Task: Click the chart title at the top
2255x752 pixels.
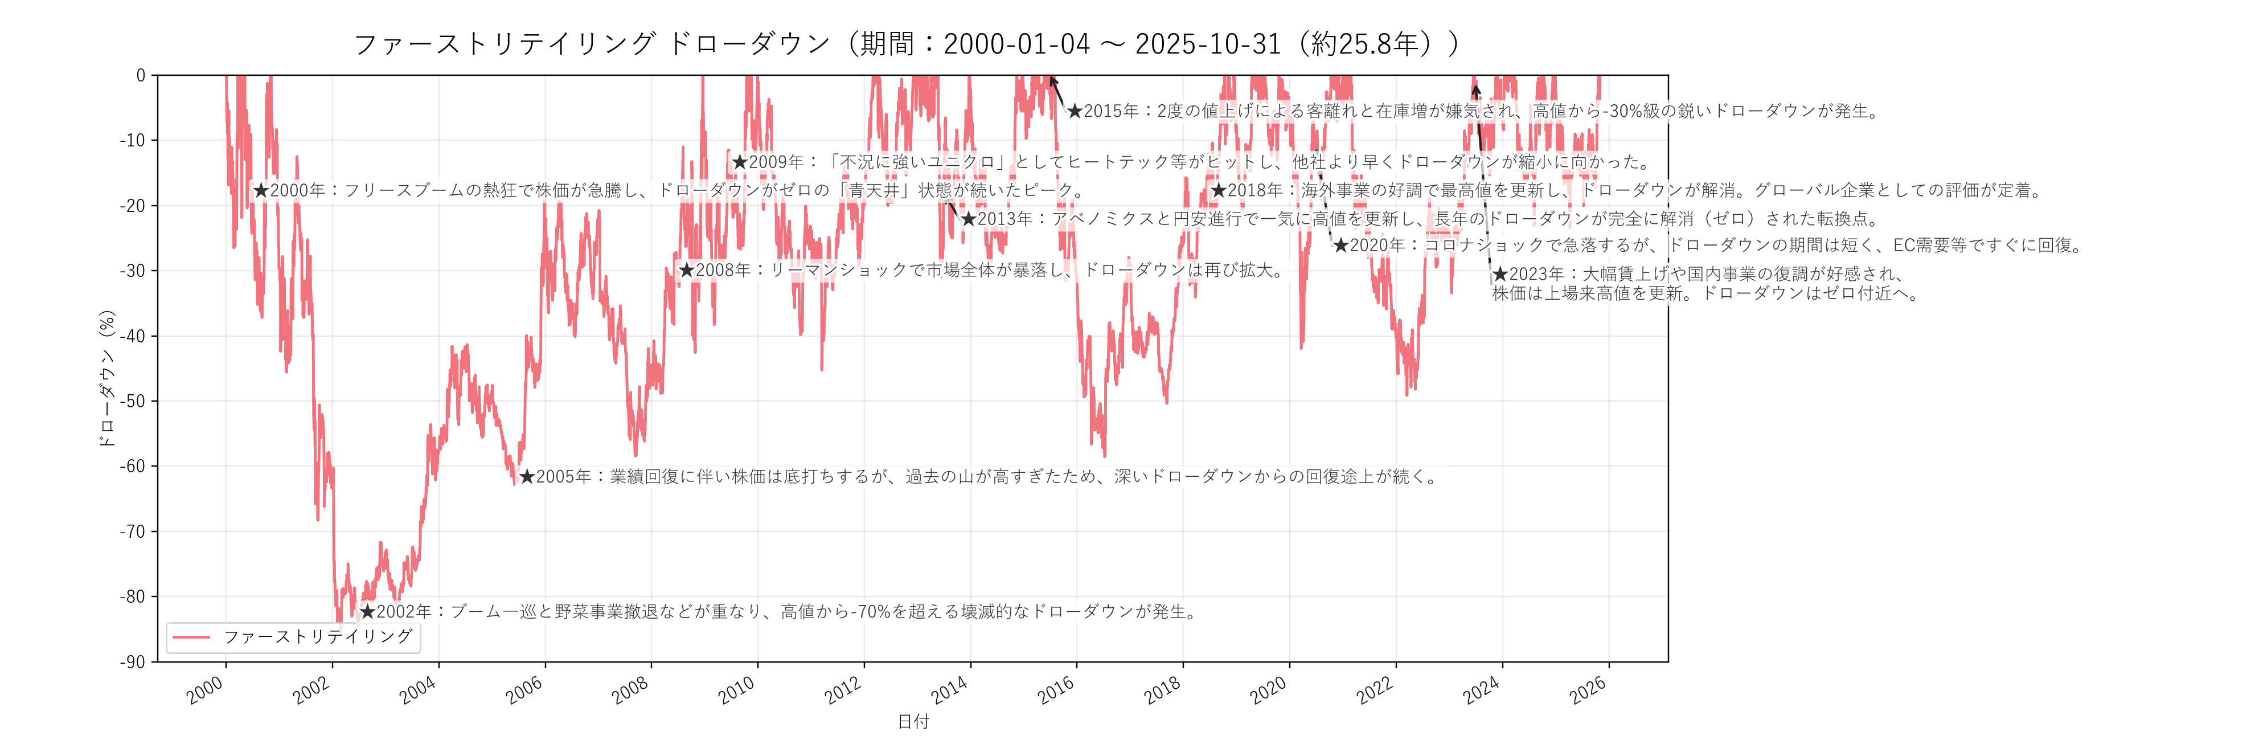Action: [x=906, y=44]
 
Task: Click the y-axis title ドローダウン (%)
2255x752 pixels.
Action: [x=107, y=378]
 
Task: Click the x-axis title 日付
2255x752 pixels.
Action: [x=913, y=721]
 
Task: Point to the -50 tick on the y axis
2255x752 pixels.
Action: [x=133, y=401]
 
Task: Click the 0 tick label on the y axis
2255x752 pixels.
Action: [x=140, y=75]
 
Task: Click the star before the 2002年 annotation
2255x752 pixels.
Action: [x=368, y=611]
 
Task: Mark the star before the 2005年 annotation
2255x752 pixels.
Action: [x=527, y=477]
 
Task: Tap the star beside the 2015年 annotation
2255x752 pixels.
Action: [x=1075, y=111]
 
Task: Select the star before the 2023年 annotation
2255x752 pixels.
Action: [x=1500, y=274]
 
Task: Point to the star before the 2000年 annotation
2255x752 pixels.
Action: [x=261, y=190]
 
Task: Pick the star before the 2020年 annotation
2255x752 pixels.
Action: [x=1340, y=245]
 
